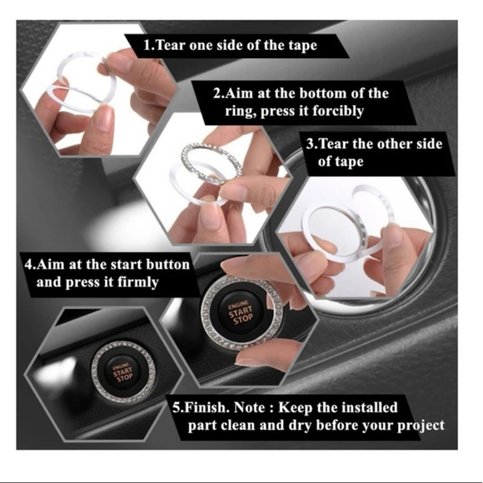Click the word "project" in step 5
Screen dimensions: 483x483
click(x=416, y=426)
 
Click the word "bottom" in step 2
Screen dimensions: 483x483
click(x=324, y=93)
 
